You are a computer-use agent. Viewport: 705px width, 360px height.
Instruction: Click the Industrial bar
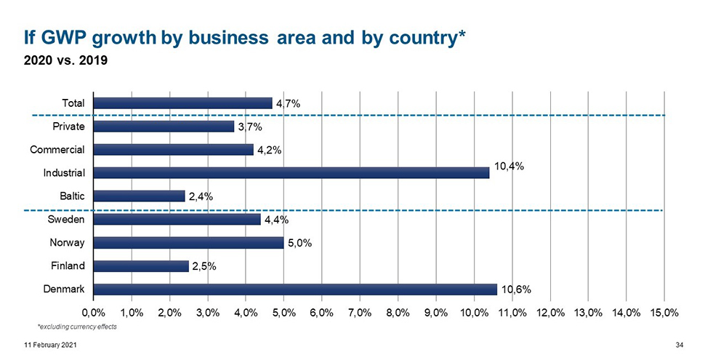(x=291, y=173)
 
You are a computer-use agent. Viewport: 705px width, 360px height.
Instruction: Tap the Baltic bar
(x=140, y=196)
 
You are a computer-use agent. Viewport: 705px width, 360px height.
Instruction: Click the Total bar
(x=183, y=103)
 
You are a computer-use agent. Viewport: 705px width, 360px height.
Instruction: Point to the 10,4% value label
(x=509, y=166)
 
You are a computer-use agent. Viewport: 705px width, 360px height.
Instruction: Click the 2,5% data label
(x=205, y=266)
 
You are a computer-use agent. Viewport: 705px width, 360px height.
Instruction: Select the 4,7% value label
(x=288, y=103)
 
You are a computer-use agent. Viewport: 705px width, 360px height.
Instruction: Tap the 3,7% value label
(x=250, y=127)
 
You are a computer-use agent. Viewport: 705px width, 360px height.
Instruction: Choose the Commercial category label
(x=57, y=150)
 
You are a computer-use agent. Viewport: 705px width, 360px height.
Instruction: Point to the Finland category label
(x=67, y=266)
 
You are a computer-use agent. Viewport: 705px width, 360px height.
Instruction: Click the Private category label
(x=68, y=127)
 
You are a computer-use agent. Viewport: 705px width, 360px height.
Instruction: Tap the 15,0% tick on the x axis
(x=664, y=313)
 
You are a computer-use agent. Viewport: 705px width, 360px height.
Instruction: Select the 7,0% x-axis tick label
(x=360, y=313)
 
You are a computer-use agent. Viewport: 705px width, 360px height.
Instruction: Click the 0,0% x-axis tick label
(x=94, y=313)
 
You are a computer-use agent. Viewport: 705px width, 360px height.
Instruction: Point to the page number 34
(x=681, y=344)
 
